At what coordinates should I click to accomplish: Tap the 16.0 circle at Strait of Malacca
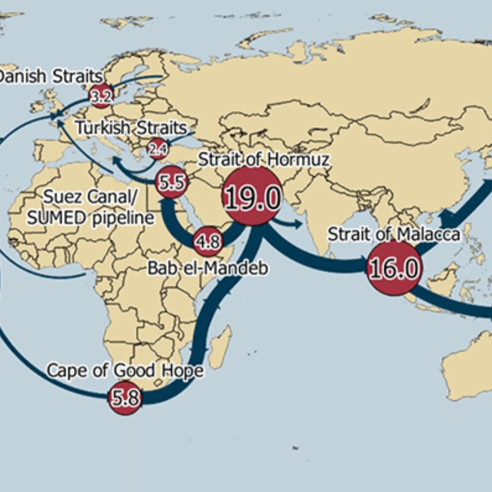[x=395, y=269]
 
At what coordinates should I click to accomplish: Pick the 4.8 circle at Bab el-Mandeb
[x=208, y=242]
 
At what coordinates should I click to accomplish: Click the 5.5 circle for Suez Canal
[x=172, y=183]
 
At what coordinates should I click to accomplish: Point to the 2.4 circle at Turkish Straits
[x=157, y=150]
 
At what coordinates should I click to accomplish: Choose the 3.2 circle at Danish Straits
[x=101, y=96]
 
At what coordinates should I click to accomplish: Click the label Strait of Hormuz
[x=263, y=159]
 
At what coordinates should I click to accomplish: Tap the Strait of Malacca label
[x=394, y=234]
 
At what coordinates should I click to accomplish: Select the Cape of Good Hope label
[x=125, y=370]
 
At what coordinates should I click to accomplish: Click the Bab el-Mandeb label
[x=208, y=268]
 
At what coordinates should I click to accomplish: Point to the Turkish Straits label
[x=131, y=128]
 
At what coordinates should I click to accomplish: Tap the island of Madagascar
[x=220, y=347]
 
